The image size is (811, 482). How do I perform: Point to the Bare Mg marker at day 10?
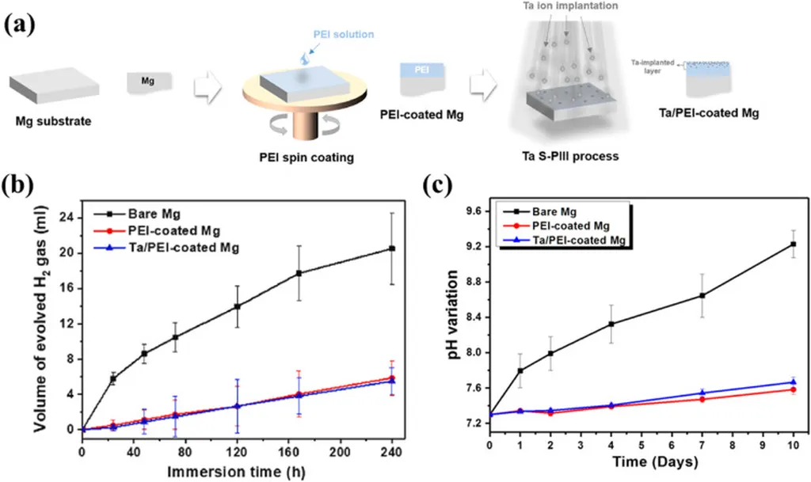tap(794, 244)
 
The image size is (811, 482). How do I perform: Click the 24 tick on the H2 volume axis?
tap(67, 218)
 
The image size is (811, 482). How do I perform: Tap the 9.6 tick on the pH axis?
tap(473, 211)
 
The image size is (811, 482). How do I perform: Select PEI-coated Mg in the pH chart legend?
tap(577, 226)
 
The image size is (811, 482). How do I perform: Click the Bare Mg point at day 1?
tap(520, 370)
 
